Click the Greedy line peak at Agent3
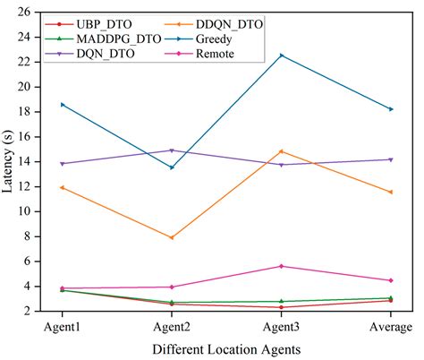(x=281, y=56)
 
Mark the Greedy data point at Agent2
(x=172, y=167)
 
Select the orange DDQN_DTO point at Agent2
(x=172, y=237)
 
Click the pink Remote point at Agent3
(x=281, y=266)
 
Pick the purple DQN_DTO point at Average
(x=390, y=159)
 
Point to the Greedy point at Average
(x=390, y=109)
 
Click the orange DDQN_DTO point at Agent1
(x=63, y=187)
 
